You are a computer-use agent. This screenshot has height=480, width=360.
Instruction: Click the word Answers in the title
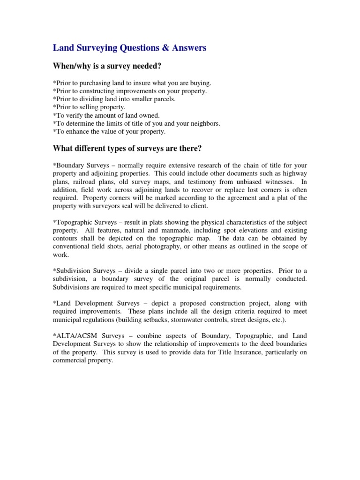click(x=187, y=48)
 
